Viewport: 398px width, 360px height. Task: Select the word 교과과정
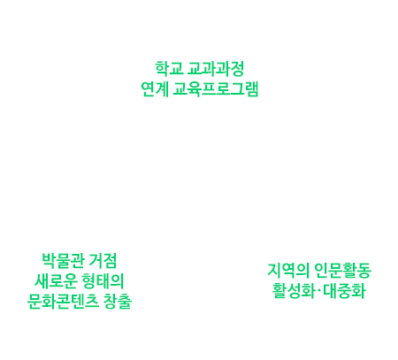(216, 69)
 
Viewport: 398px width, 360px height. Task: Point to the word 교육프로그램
(216, 89)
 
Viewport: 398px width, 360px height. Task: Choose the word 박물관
(63, 261)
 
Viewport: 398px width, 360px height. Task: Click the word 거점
(103, 261)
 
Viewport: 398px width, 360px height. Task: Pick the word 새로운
(56, 281)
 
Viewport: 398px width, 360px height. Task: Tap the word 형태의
(103, 281)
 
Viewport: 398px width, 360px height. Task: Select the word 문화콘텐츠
(63, 302)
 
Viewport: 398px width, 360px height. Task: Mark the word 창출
(118, 302)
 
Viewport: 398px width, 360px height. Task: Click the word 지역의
(288, 271)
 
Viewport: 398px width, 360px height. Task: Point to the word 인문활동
(342, 271)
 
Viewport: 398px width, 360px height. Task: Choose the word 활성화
(293, 291)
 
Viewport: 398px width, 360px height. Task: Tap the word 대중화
(344, 291)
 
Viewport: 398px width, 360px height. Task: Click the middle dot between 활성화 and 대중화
(318, 291)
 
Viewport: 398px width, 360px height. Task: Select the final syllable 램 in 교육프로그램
(251, 89)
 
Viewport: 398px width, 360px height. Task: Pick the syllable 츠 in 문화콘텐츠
(92, 302)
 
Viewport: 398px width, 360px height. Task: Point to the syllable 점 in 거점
(110, 261)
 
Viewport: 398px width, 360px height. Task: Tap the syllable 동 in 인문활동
(364, 271)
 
